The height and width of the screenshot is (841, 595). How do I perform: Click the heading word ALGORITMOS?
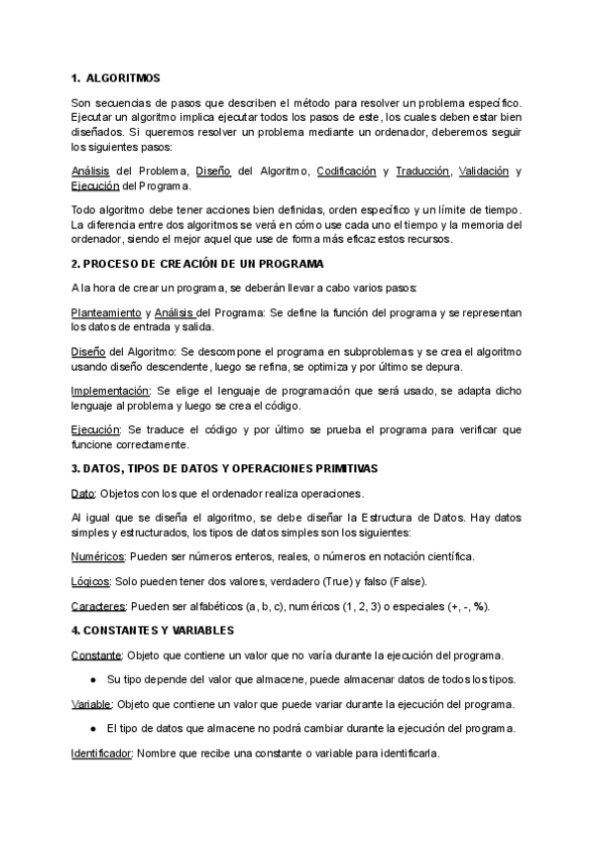pos(124,77)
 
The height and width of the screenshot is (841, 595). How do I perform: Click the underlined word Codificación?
pos(346,172)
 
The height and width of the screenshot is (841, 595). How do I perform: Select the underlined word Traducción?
pos(422,172)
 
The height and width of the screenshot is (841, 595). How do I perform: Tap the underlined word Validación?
pos(485,172)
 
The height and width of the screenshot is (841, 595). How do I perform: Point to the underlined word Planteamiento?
pos(106,312)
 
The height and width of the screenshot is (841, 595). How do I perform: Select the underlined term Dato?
pos(83,493)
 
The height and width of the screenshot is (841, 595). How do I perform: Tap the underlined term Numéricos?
pos(97,556)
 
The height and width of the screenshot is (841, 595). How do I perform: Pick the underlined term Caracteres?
pos(97,606)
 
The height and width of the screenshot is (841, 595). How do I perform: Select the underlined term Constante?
pos(96,656)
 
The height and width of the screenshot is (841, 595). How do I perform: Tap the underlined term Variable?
pos(91,705)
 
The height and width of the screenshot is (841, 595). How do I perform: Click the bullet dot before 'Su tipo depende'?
pos(93,680)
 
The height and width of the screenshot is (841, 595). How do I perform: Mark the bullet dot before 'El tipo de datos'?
pos(93,730)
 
